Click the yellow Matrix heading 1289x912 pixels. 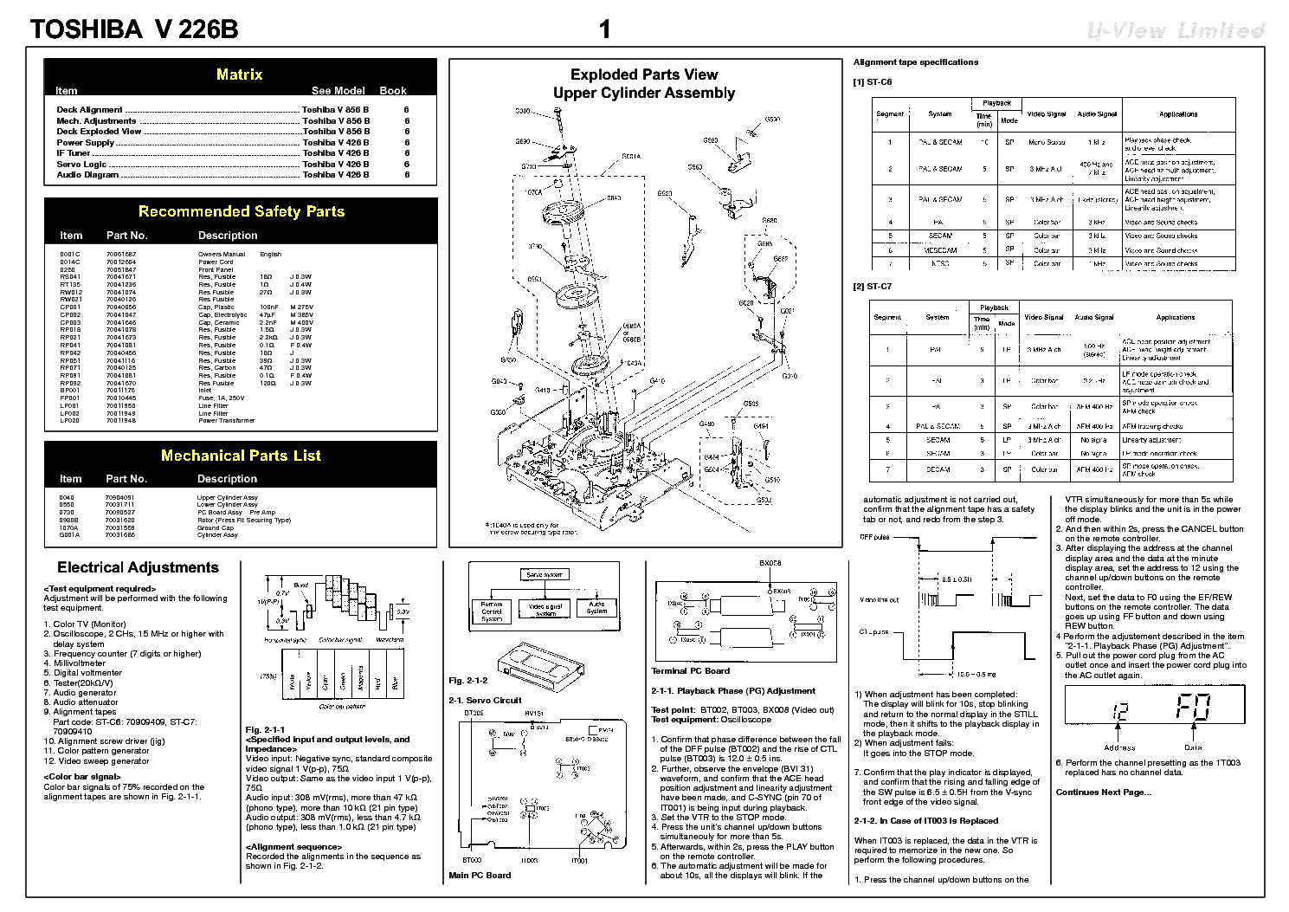[239, 74]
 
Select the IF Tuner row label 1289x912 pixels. [74, 153]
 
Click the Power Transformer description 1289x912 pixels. [226, 421]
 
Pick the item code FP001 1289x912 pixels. [69, 398]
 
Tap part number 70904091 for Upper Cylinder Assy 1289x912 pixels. [119, 498]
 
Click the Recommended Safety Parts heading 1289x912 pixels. [241, 211]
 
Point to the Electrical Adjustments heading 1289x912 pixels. [138, 568]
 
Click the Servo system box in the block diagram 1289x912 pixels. [544, 574]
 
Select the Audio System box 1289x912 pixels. [596, 607]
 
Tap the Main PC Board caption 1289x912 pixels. [480, 875]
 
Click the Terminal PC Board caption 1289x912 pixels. [690, 670]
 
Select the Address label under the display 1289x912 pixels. [1118, 747]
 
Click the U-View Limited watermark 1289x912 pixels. [1176, 31]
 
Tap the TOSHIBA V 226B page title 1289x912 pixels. [134, 29]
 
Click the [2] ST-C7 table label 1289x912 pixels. [872, 287]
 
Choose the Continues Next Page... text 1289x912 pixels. [1103, 792]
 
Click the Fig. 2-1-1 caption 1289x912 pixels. [265, 730]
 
